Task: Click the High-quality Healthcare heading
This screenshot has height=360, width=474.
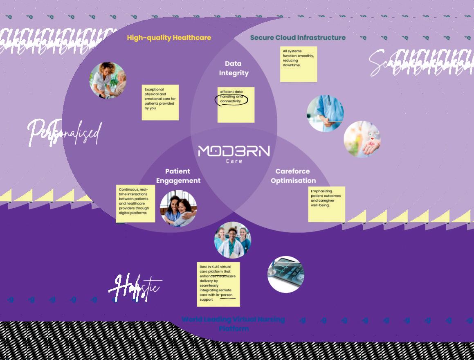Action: (169, 38)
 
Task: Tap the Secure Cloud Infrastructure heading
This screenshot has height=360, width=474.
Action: (298, 38)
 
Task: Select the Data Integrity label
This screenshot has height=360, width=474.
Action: (234, 68)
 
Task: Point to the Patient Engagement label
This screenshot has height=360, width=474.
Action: (178, 176)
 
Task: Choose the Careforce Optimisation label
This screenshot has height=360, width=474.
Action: (293, 176)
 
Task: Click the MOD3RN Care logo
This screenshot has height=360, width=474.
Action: (234, 153)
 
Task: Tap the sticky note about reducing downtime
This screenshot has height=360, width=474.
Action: (298, 64)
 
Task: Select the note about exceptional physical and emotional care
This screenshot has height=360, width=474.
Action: (160, 102)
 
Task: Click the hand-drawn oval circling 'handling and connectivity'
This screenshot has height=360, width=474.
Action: (232, 99)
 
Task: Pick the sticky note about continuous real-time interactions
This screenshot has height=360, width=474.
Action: (135, 204)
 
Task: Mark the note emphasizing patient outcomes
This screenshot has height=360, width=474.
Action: (326, 204)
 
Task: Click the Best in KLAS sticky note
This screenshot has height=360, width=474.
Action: (218, 284)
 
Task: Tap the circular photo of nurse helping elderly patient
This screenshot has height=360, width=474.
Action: (108, 81)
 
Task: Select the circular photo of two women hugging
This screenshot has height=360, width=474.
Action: (178, 208)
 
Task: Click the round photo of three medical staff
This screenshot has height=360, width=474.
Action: (232, 240)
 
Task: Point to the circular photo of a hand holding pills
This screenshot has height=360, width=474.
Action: (362, 139)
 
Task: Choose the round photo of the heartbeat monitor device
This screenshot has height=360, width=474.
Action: (286, 274)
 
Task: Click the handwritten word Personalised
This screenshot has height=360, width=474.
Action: (64, 132)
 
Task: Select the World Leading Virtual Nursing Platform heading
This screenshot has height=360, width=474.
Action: (233, 324)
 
